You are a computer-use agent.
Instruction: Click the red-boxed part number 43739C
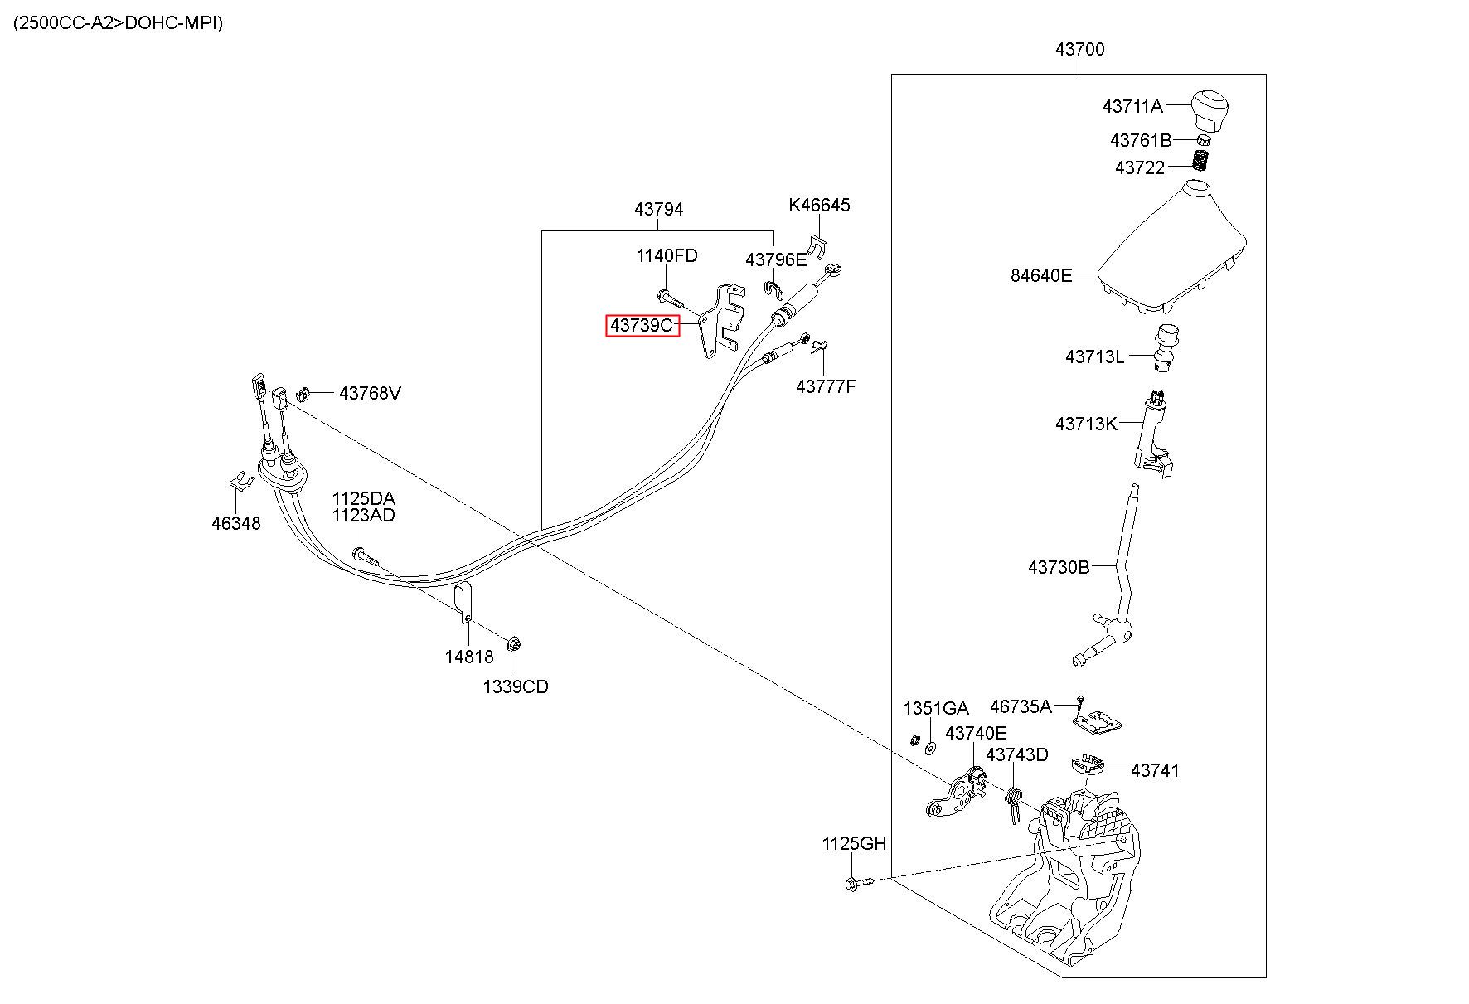coord(642,326)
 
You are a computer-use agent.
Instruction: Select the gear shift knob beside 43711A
coord(1212,109)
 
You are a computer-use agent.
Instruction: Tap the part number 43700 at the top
coord(1079,50)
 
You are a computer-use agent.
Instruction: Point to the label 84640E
coord(1040,275)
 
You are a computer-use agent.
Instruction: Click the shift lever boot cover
coord(1172,248)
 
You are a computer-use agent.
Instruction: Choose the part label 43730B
coord(1059,568)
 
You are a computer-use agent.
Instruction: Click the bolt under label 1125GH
coord(859,884)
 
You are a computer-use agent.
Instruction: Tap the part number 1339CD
coord(516,687)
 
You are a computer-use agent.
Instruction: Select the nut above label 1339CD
coord(513,643)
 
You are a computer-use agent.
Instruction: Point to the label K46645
coord(819,205)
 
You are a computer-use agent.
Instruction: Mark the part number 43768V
coord(370,393)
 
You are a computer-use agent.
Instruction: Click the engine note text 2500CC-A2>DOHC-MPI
coord(118,22)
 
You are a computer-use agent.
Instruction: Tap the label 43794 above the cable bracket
coord(659,210)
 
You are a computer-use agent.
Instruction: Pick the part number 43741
coord(1155,771)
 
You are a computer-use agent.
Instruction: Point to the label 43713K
coord(1086,424)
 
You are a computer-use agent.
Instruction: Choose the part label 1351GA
coord(935,709)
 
